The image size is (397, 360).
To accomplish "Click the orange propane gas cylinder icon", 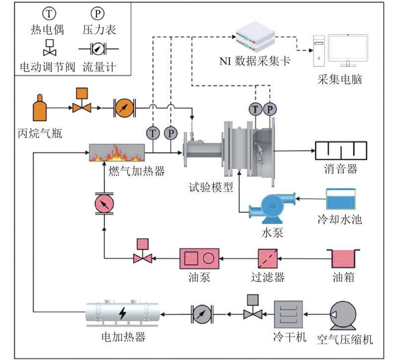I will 40,108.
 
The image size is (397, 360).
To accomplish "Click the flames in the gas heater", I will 116,152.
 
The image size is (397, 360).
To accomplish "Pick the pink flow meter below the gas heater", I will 104,204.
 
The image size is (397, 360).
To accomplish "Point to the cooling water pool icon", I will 340,199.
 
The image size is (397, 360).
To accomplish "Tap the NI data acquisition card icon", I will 255,36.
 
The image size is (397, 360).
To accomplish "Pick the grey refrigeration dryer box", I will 288,313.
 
